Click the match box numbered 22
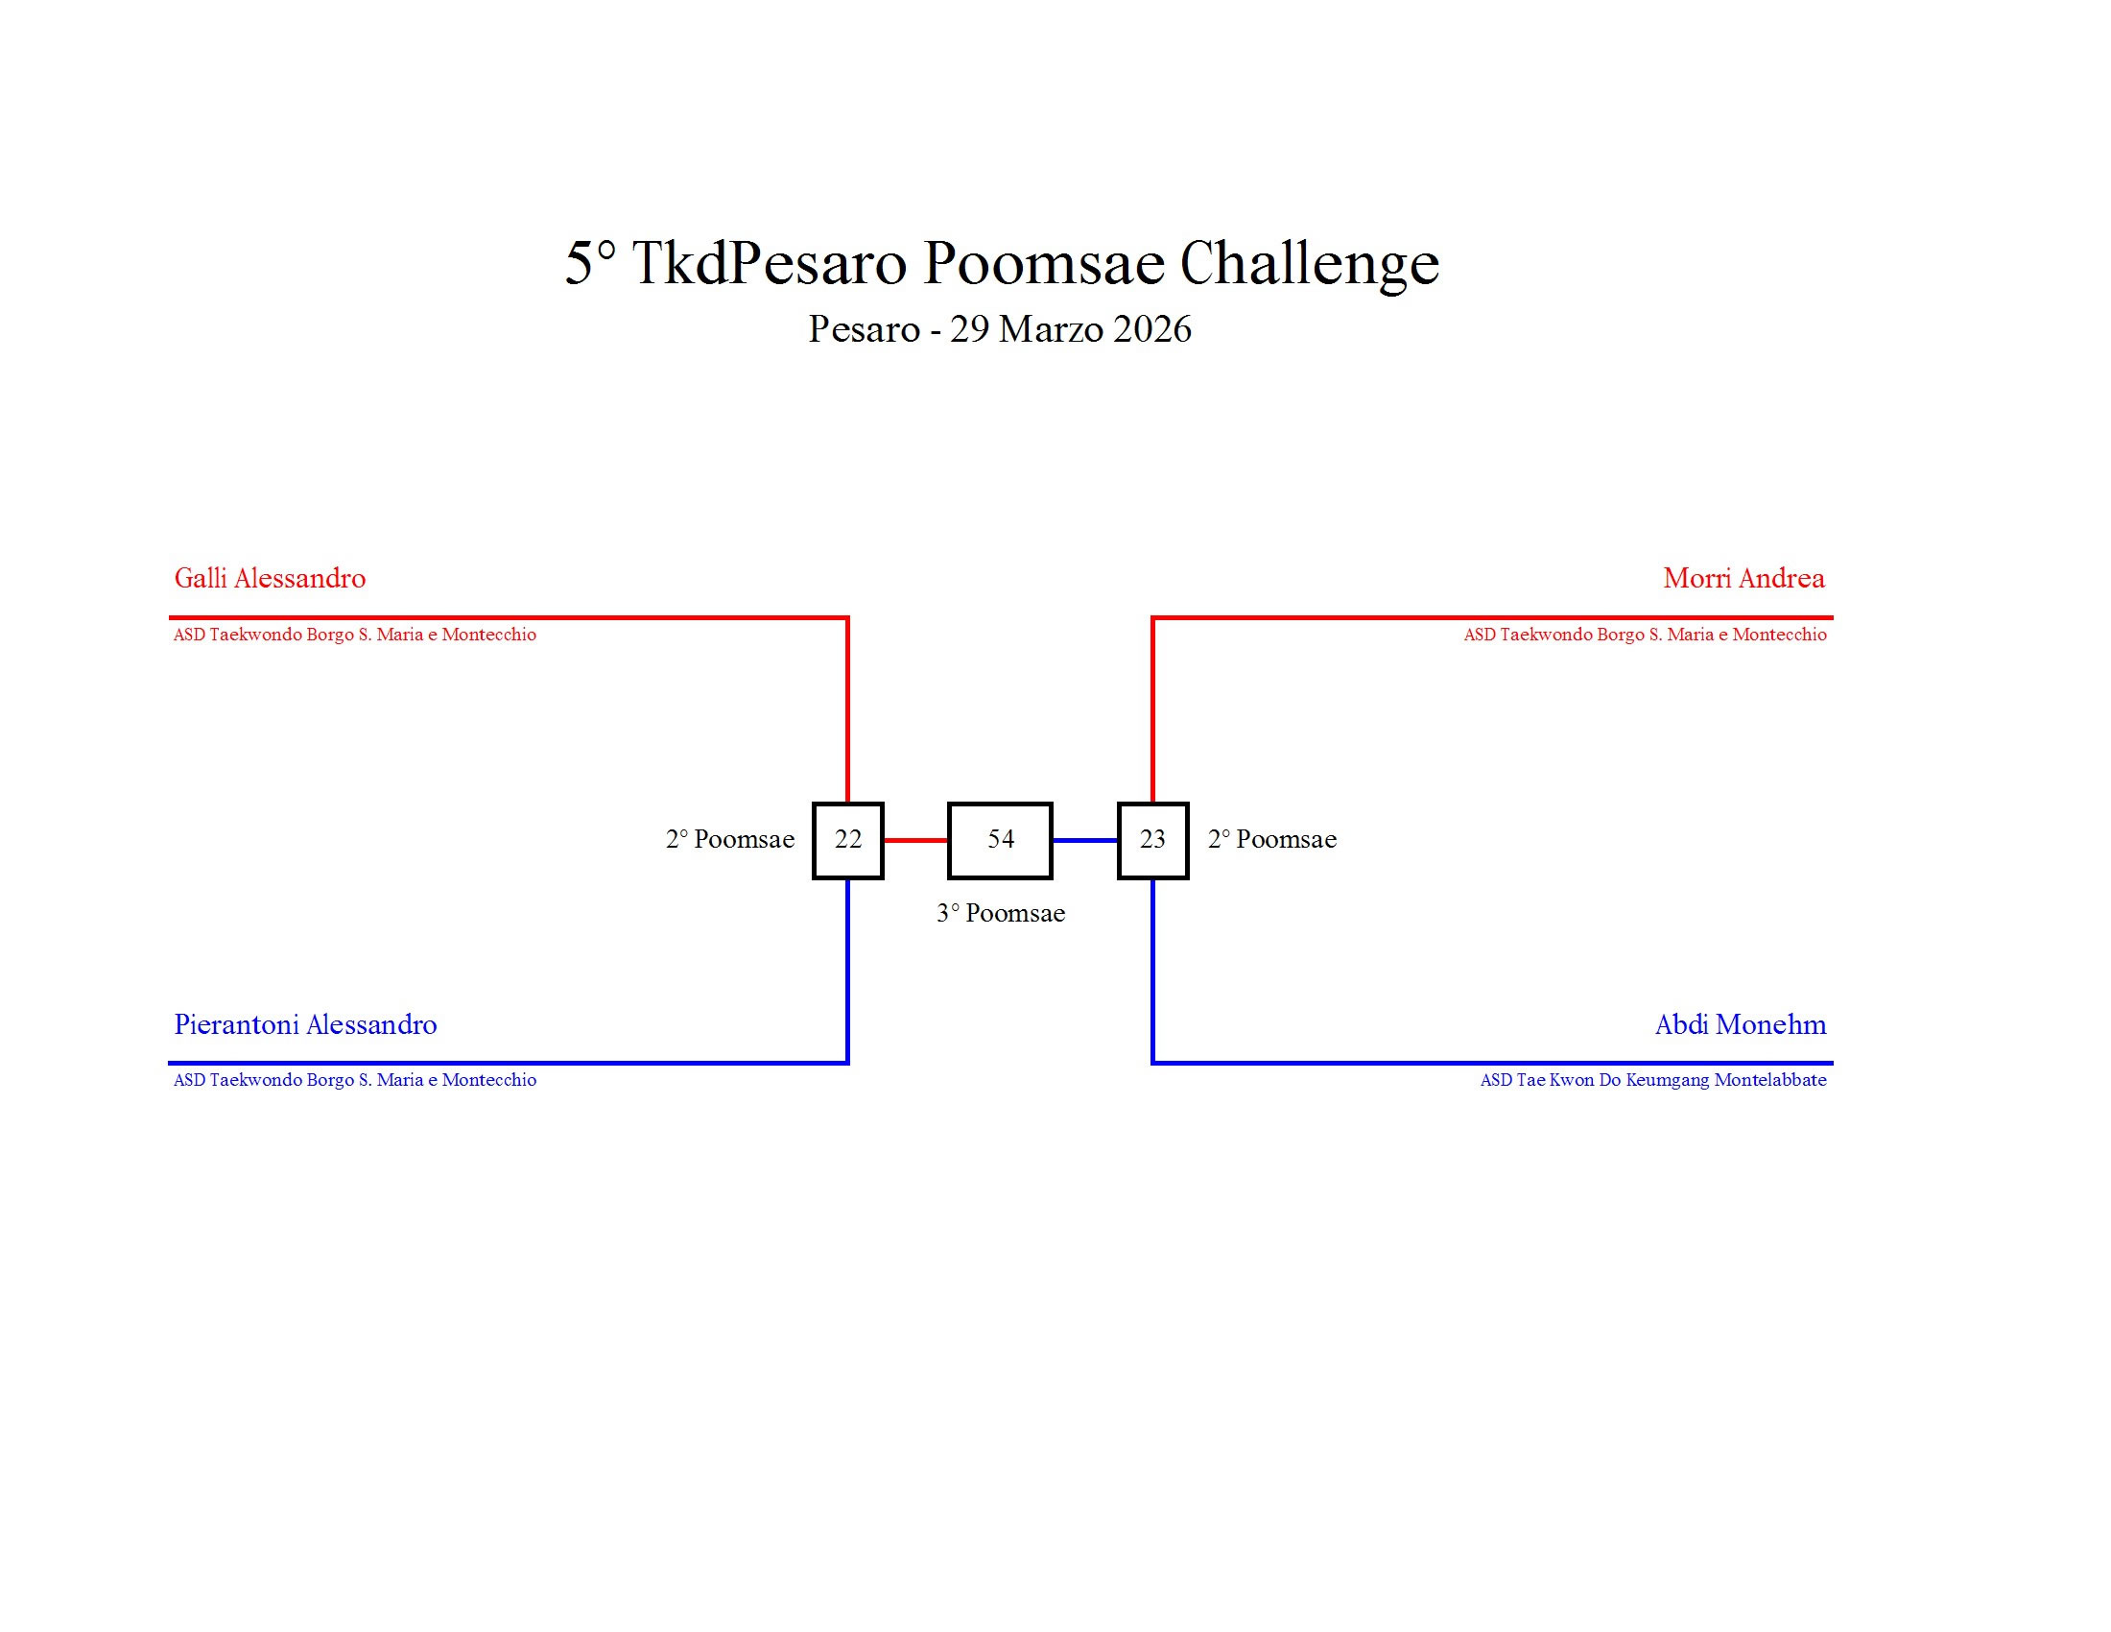point(847,840)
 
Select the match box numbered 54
point(1001,840)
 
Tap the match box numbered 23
point(1152,840)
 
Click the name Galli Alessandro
point(270,578)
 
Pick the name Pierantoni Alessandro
point(305,1025)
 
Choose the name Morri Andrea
point(1743,578)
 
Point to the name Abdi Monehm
point(1740,1025)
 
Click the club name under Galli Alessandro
point(355,636)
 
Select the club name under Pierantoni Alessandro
point(355,1080)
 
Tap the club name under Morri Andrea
point(1645,636)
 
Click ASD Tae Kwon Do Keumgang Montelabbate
point(1653,1080)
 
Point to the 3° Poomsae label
point(1001,914)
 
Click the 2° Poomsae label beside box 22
point(730,839)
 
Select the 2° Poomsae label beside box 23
point(1272,839)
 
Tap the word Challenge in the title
point(1309,263)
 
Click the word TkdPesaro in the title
point(770,263)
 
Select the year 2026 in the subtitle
point(1152,329)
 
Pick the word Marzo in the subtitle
point(1051,329)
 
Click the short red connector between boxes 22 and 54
point(915,840)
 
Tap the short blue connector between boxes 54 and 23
point(1084,840)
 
